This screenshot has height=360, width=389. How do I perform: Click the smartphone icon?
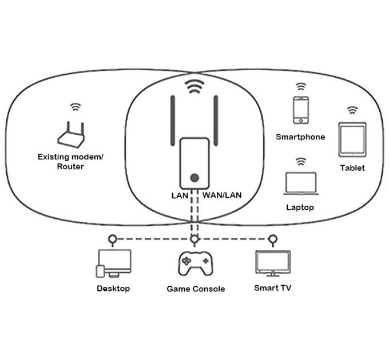(300, 110)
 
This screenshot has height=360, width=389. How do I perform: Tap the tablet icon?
(352, 139)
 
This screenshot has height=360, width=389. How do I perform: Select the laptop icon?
(300, 184)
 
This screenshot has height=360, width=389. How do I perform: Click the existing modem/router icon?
(72, 135)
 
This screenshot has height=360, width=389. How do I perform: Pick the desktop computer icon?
(114, 263)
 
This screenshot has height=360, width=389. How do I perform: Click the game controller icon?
(195, 264)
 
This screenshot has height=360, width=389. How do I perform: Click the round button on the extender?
(195, 178)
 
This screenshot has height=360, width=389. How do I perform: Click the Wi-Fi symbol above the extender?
(195, 87)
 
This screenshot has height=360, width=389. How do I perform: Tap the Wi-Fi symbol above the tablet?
(352, 110)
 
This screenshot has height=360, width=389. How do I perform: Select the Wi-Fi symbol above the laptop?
(300, 162)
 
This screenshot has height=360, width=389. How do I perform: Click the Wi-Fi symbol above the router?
(75, 107)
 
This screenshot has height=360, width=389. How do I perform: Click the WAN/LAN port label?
(222, 195)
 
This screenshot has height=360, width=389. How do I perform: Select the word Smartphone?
(300, 137)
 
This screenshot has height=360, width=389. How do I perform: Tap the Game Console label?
(196, 289)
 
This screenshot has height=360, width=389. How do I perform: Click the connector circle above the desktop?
(113, 238)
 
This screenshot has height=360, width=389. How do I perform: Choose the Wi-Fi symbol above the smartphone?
(300, 87)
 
